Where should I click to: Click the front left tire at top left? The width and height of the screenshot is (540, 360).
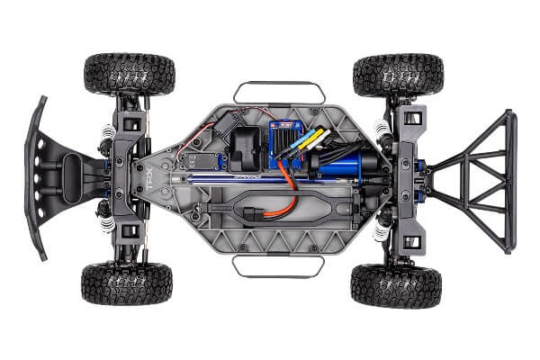pos(128,75)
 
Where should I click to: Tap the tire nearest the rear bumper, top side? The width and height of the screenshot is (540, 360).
pos(397,76)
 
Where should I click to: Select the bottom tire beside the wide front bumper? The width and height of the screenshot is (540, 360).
pos(127,283)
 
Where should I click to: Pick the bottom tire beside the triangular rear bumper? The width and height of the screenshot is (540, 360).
pos(396,285)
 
